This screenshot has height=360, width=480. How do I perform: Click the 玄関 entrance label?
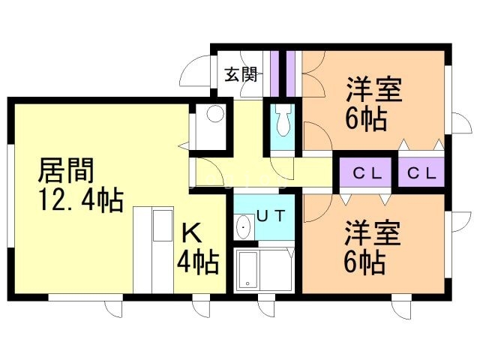pos(241,74)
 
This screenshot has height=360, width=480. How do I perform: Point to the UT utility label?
pos(271,216)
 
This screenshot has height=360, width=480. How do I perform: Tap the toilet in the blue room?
pos(283,120)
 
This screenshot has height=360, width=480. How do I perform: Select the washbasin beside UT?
pos(244,227)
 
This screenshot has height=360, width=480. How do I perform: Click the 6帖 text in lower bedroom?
pos(365,262)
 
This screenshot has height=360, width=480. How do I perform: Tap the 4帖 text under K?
pos(197,262)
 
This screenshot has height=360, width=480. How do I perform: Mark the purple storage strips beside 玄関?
pos(284,73)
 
